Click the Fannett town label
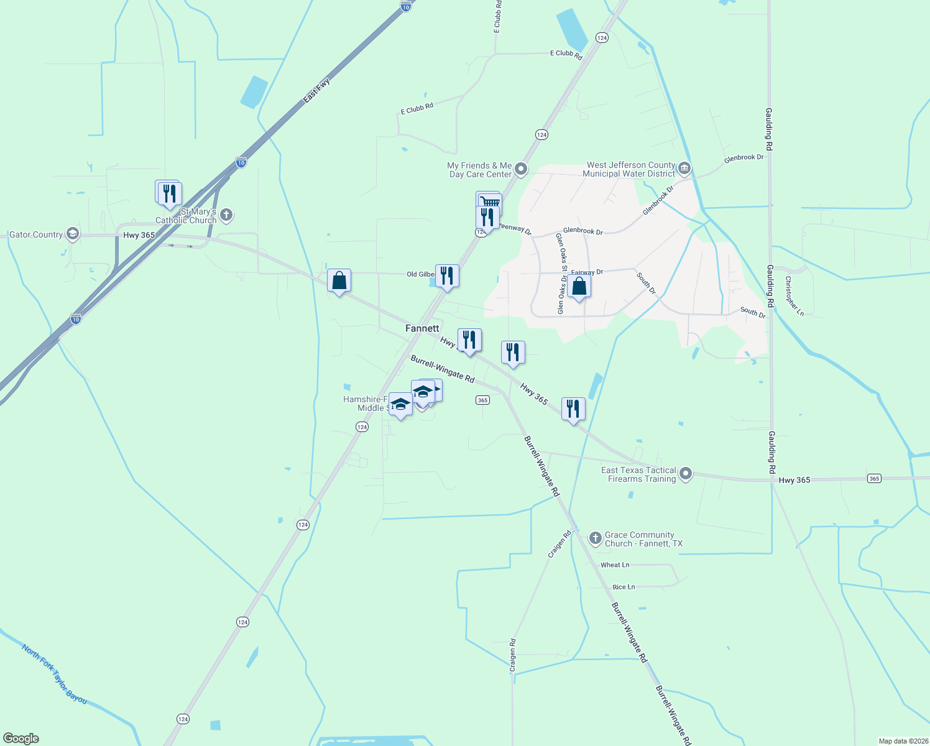(422, 328)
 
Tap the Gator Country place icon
(73, 234)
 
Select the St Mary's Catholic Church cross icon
(226, 216)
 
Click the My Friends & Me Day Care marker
(521, 169)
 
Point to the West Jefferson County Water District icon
(684, 168)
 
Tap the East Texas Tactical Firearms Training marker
(686, 474)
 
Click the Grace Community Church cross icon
(595, 538)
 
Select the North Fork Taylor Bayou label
(54, 675)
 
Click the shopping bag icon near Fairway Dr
(579, 287)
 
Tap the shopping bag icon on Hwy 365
(339, 280)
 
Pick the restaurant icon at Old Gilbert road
(447, 275)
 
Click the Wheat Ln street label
(615, 565)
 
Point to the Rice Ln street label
(624, 587)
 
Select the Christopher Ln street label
(794, 296)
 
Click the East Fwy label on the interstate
(316, 91)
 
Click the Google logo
(21, 739)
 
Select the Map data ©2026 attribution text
(903, 741)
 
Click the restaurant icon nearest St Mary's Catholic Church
(170, 193)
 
